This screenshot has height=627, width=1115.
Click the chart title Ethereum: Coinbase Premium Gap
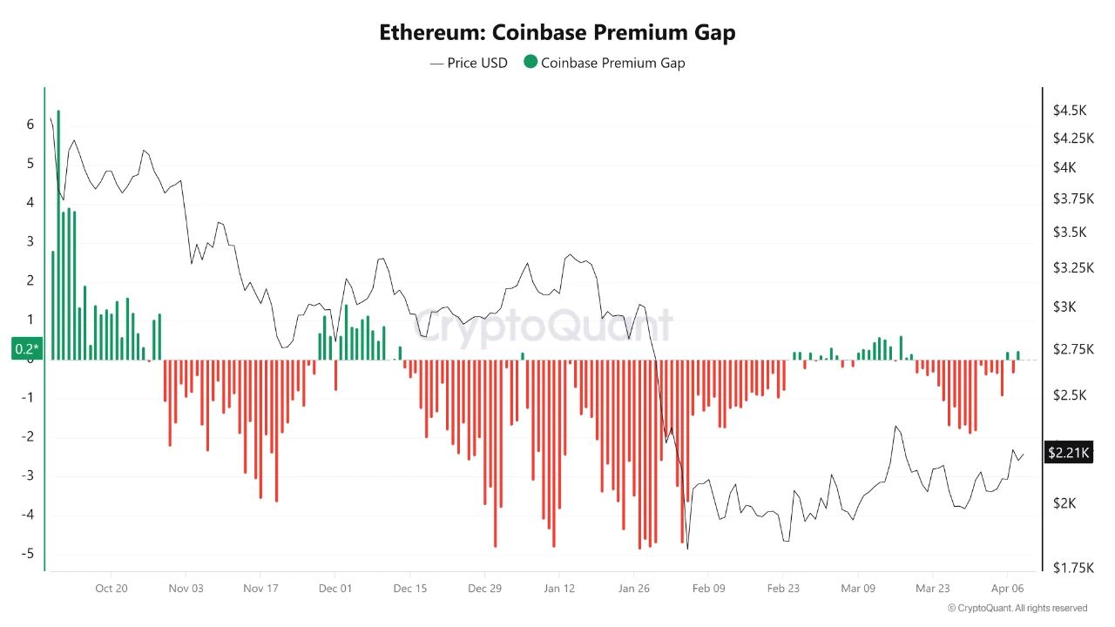coord(557,33)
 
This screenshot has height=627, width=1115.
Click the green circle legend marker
coord(530,63)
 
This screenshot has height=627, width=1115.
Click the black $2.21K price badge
coord(1068,452)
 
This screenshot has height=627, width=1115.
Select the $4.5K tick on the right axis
coord(1070,111)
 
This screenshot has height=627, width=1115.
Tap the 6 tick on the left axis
coord(30,125)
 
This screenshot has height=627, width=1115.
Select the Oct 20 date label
coord(111,589)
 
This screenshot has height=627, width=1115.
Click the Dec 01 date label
coord(335,589)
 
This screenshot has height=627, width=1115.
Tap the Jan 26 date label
coord(633,589)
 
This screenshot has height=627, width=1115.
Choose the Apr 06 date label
coord(1007,589)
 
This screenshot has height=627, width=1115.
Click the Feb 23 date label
coord(782,589)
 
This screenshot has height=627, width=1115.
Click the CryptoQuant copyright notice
coord(1017,609)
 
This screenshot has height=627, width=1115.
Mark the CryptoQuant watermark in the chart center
coord(542,326)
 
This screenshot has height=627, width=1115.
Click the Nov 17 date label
coord(260,589)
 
